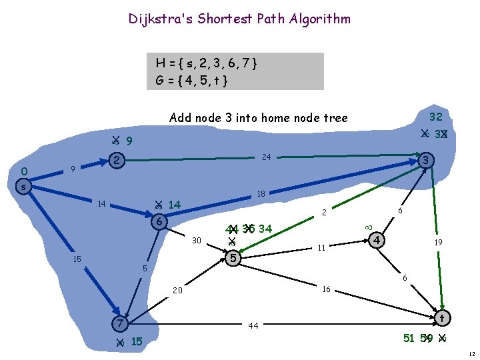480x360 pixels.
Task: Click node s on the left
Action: [x=23, y=187]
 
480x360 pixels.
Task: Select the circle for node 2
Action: [x=117, y=160]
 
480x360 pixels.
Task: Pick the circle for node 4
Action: [x=377, y=239]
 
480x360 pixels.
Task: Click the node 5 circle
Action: [x=233, y=257]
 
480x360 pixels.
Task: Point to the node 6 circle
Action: [x=159, y=222]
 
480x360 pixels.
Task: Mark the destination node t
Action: [x=441, y=317]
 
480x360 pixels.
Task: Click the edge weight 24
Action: [x=266, y=158]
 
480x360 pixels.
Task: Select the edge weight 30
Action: [x=196, y=241]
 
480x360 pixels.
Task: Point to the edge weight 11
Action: [x=321, y=248]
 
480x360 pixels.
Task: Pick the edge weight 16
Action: [x=326, y=289]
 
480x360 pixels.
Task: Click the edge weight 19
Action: [x=439, y=243]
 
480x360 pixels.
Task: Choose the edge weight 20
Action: [x=177, y=291]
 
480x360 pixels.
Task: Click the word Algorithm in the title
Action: [x=319, y=19]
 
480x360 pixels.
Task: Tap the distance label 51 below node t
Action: [x=409, y=338]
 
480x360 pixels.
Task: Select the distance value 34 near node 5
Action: [x=265, y=229]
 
